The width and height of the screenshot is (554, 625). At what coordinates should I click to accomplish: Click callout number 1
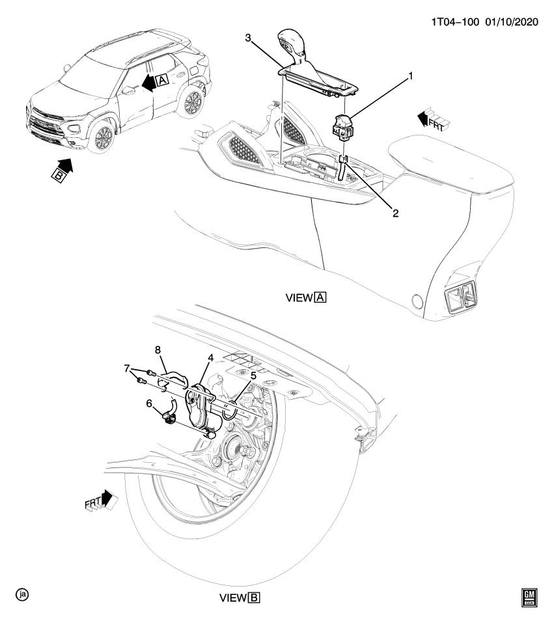(x=411, y=76)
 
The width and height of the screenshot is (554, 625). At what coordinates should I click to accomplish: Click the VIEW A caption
(x=305, y=298)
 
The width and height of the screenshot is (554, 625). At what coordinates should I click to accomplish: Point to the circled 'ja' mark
(x=23, y=594)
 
